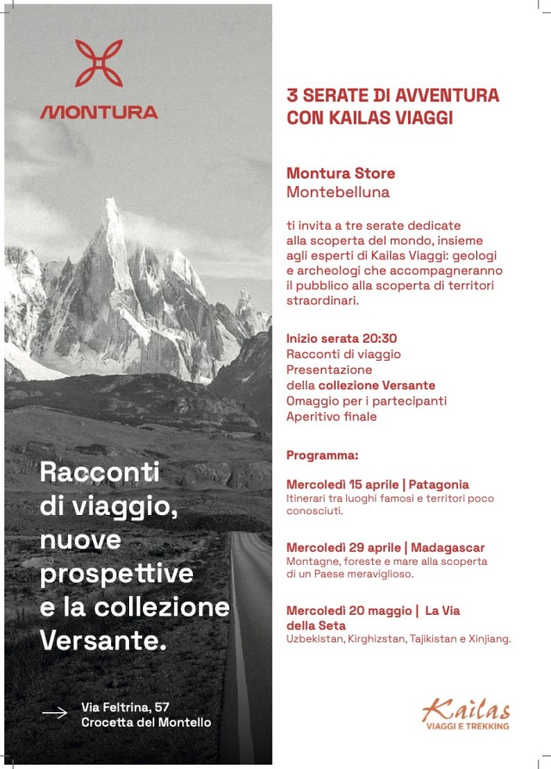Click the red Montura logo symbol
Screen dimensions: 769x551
coord(99,63)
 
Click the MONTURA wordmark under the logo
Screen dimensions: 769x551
coord(99,112)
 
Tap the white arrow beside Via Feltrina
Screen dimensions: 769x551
coord(54,713)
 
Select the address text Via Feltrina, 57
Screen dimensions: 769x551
coord(126,707)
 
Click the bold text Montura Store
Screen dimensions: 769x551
coord(341,173)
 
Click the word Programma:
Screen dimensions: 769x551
coord(322,455)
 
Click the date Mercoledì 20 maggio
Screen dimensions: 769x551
coord(349,611)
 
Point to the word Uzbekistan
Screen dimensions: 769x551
coord(314,639)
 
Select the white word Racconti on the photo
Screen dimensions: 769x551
coord(100,472)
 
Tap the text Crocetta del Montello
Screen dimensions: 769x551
coord(145,722)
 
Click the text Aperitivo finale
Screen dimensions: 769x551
coord(331,417)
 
